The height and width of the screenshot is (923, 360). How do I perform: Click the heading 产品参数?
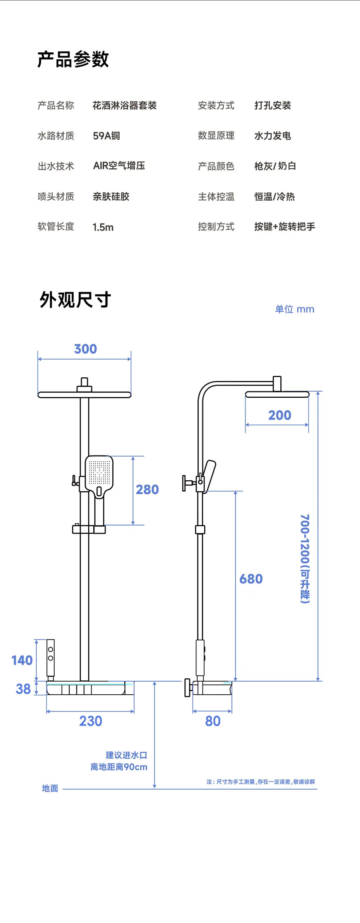point(73,59)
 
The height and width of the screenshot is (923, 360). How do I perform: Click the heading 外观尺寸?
point(75,300)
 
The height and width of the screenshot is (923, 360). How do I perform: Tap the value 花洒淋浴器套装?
point(124,106)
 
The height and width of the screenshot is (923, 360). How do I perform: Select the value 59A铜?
point(106,136)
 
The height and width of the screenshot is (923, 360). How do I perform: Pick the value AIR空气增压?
point(119,166)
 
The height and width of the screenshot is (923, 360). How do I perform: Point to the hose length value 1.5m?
point(103,227)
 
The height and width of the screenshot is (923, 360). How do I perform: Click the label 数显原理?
point(216,136)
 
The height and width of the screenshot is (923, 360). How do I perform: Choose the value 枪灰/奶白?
point(275,166)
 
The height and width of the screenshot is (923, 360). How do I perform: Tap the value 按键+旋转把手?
point(284,227)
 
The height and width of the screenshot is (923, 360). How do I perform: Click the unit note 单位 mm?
point(295,309)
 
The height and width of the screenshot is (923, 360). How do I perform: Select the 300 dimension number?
point(85,349)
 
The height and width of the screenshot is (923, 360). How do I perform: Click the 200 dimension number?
point(280,415)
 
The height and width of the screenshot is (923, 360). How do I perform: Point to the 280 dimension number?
point(147,490)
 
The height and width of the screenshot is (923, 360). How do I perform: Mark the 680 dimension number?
point(251,579)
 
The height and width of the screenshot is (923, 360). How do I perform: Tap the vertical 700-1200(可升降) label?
point(305,559)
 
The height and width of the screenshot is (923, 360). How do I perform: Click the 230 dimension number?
point(91,721)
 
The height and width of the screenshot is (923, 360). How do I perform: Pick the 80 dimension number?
point(213,721)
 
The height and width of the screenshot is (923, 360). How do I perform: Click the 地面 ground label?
point(50,788)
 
